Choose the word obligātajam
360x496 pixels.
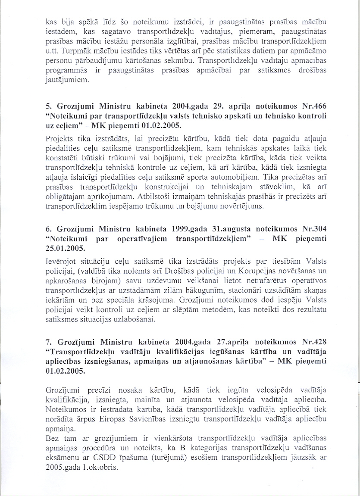click(67, 198)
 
